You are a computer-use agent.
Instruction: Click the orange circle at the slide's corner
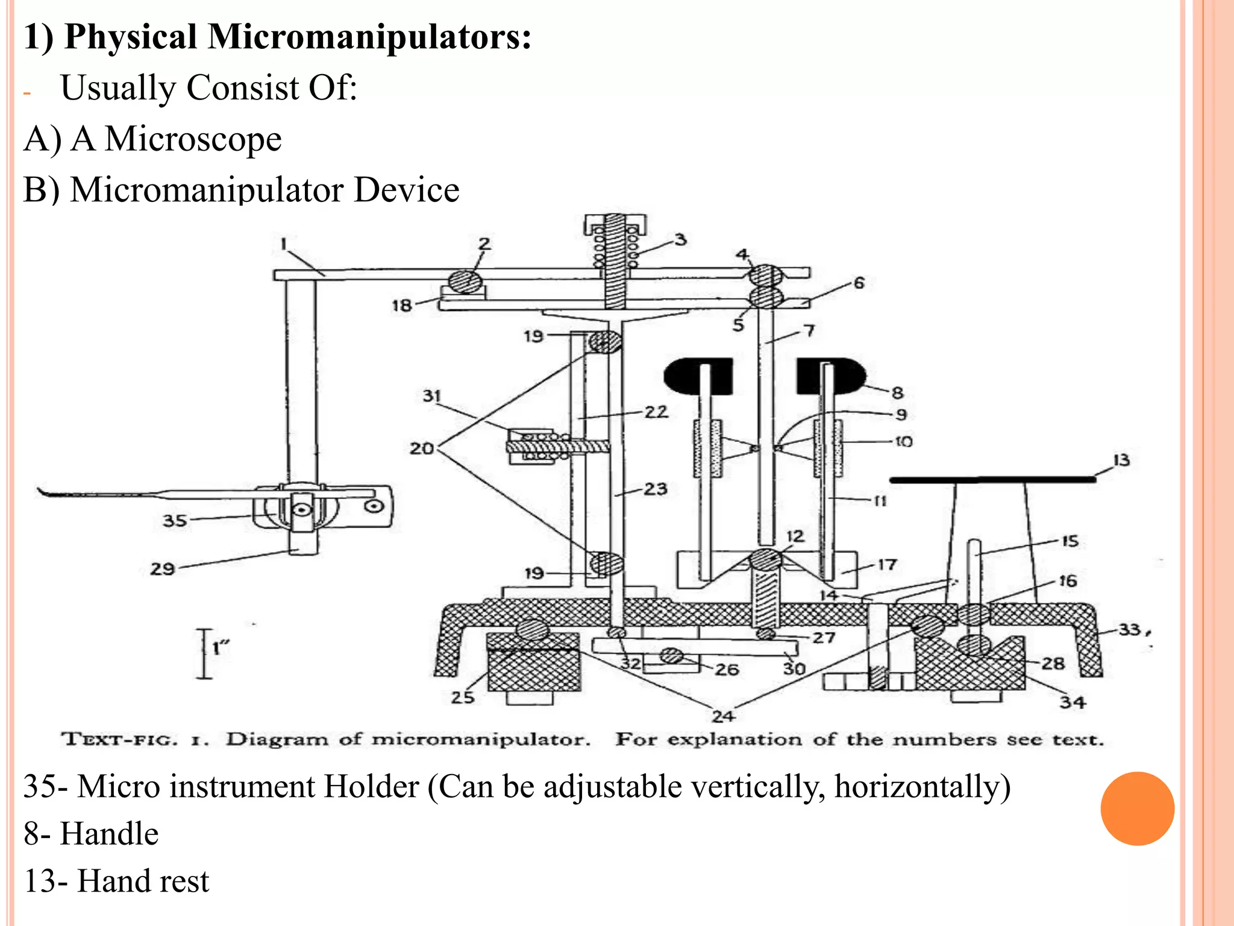tap(1137, 808)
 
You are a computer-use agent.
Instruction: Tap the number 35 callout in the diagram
tap(175, 520)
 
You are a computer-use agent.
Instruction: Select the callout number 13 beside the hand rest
tap(1121, 461)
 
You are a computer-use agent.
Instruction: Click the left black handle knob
tap(698, 375)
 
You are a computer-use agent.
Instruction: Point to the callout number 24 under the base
tap(723, 716)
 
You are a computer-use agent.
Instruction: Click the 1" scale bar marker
tap(205, 654)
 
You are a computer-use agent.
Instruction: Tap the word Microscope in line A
tap(193, 139)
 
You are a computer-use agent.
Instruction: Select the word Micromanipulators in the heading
tap(369, 37)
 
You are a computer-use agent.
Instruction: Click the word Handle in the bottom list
tap(109, 834)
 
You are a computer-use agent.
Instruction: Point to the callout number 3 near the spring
tap(680, 240)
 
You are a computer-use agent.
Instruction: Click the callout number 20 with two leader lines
tap(422, 449)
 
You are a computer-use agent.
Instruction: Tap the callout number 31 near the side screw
tap(432, 396)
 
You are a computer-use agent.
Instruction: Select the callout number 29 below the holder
tap(162, 569)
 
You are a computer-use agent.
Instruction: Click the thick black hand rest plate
tap(992, 480)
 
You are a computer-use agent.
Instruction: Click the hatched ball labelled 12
tap(765, 559)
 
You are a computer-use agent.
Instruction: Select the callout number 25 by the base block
tap(463, 698)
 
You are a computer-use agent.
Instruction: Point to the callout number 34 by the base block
tap(1073, 702)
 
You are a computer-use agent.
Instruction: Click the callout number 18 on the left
tap(402, 305)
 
